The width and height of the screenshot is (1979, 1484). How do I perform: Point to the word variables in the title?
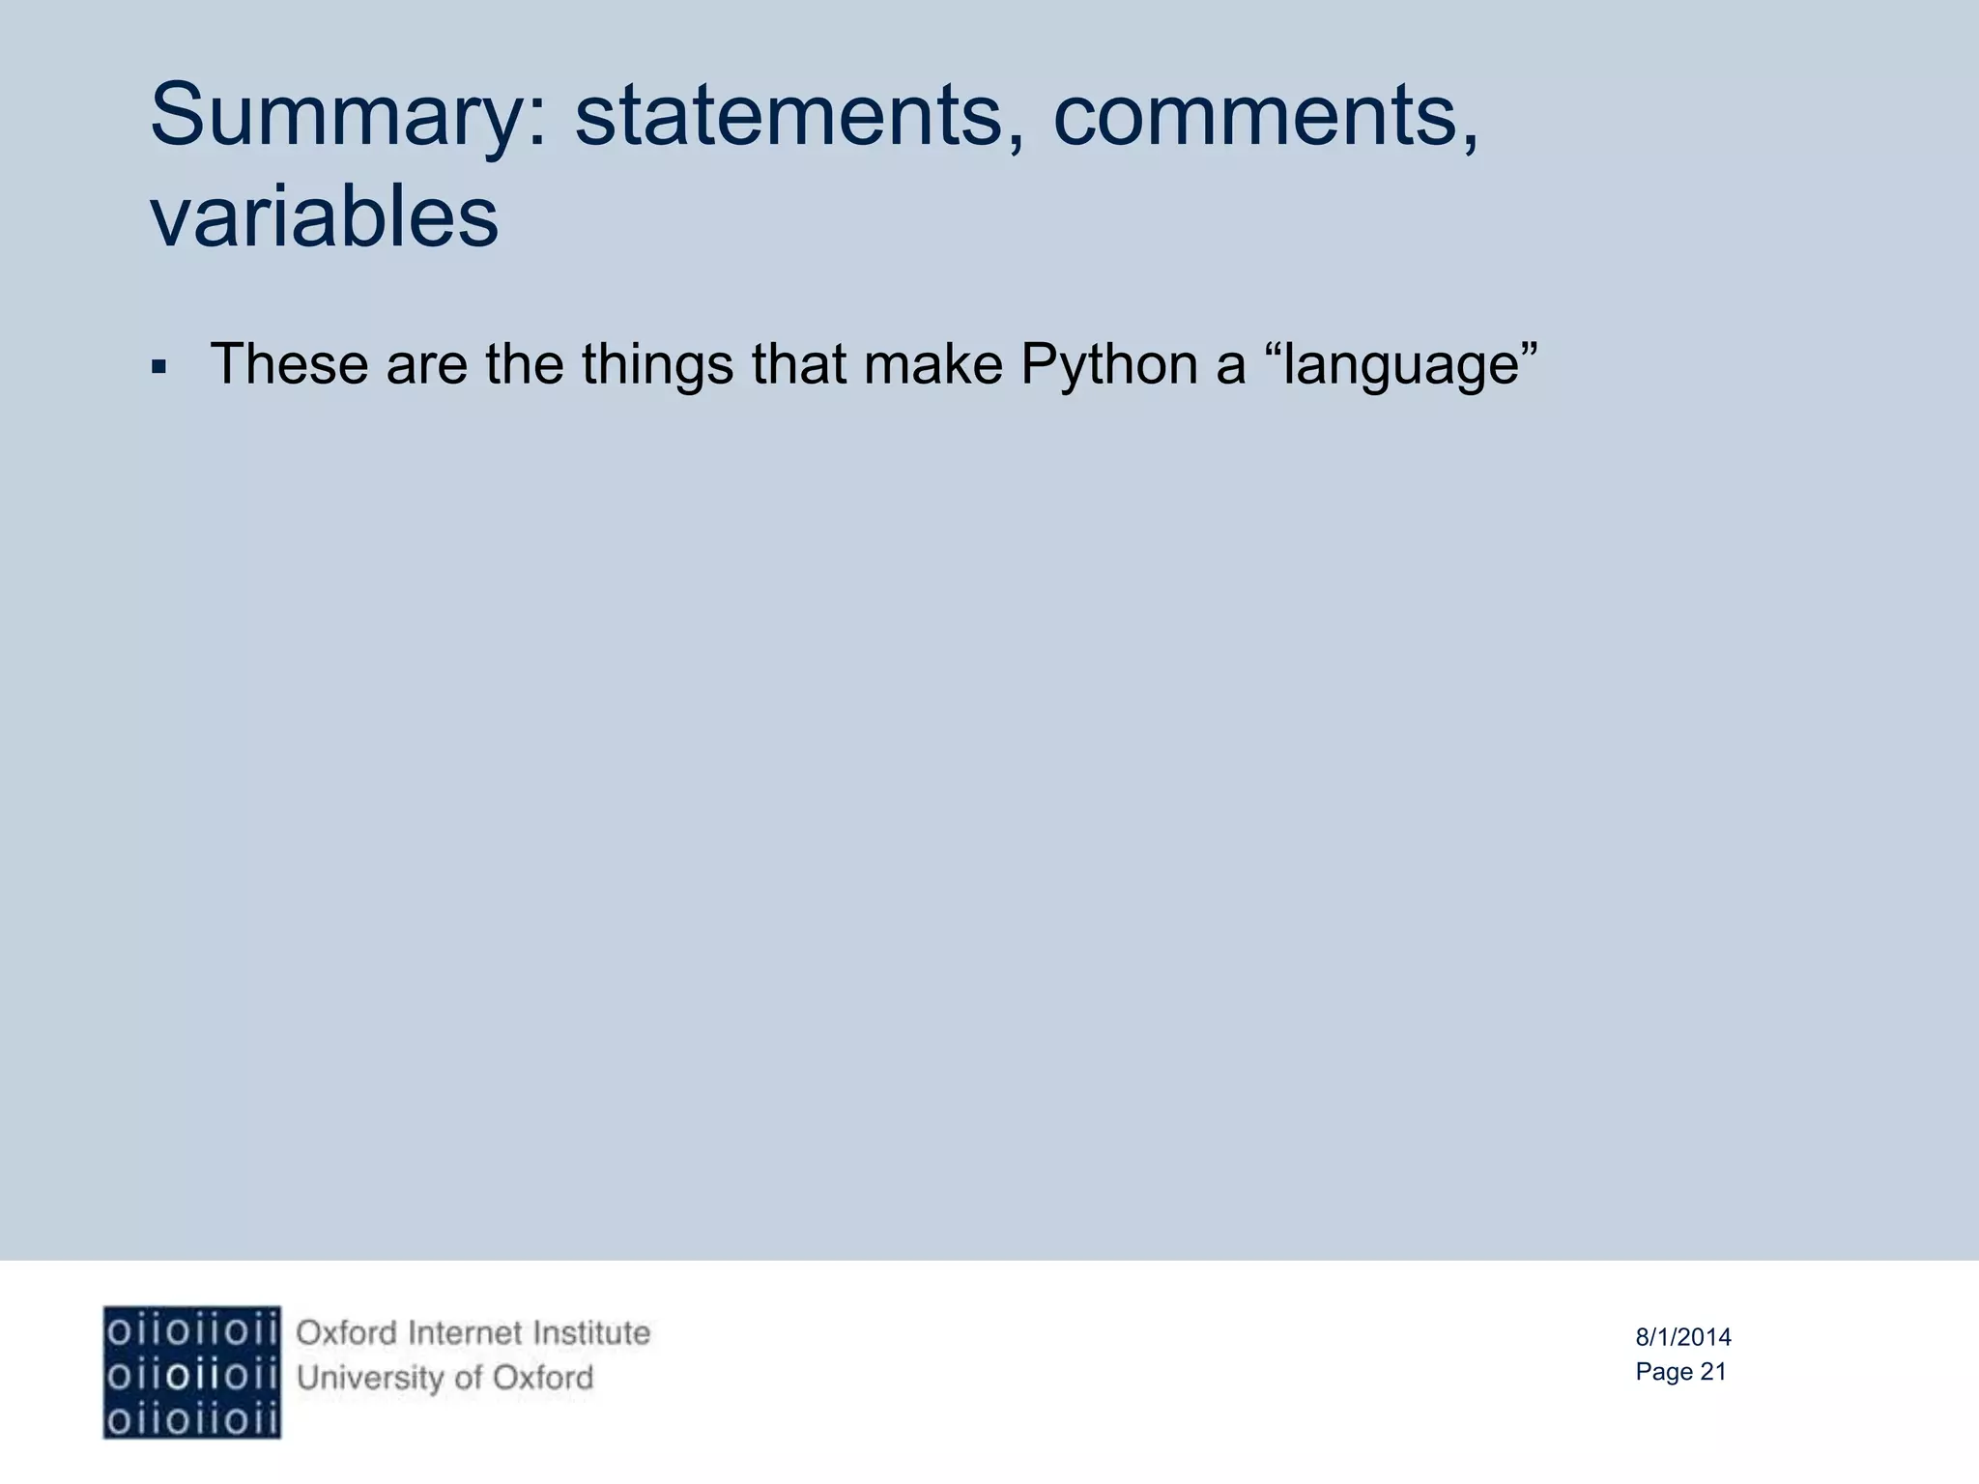(x=324, y=216)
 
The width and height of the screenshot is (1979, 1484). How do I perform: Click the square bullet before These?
(x=159, y=368)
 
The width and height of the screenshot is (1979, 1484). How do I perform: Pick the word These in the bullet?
(x=289, y=364)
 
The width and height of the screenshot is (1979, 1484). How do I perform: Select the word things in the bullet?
(x=657, y=364)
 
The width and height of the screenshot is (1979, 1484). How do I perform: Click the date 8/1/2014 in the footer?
(x=1682, y=1337)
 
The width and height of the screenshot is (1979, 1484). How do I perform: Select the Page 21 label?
(x=1680, y=1372)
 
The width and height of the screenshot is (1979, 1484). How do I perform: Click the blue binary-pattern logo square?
(x=191, y=1372)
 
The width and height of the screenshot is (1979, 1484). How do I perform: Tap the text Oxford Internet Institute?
(x=473, y=1333)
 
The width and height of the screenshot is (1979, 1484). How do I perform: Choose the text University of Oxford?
(x=445, y=1378)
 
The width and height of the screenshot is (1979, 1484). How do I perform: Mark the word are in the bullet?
(x=426, y=364)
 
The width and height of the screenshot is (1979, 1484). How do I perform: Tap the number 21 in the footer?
(x=1712, y=1372)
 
